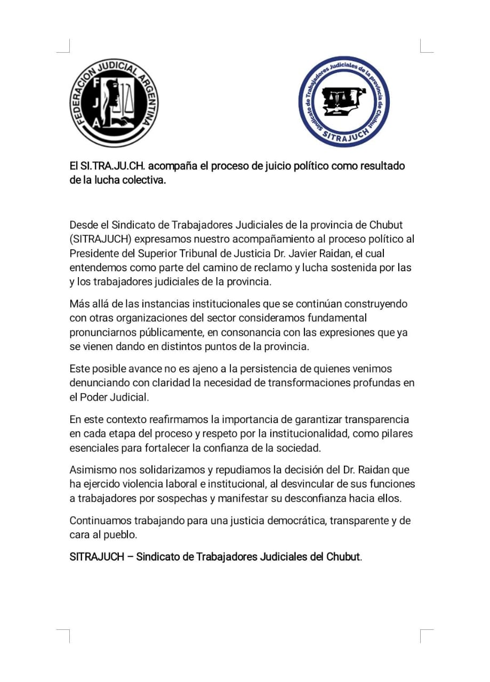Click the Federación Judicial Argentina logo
(x=115, y=103)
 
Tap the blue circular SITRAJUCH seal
(x=344, y=102)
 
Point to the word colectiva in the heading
(x=143, y=180)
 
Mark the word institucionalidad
(x=315, y=433)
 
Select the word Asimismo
(x=91, y=470)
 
